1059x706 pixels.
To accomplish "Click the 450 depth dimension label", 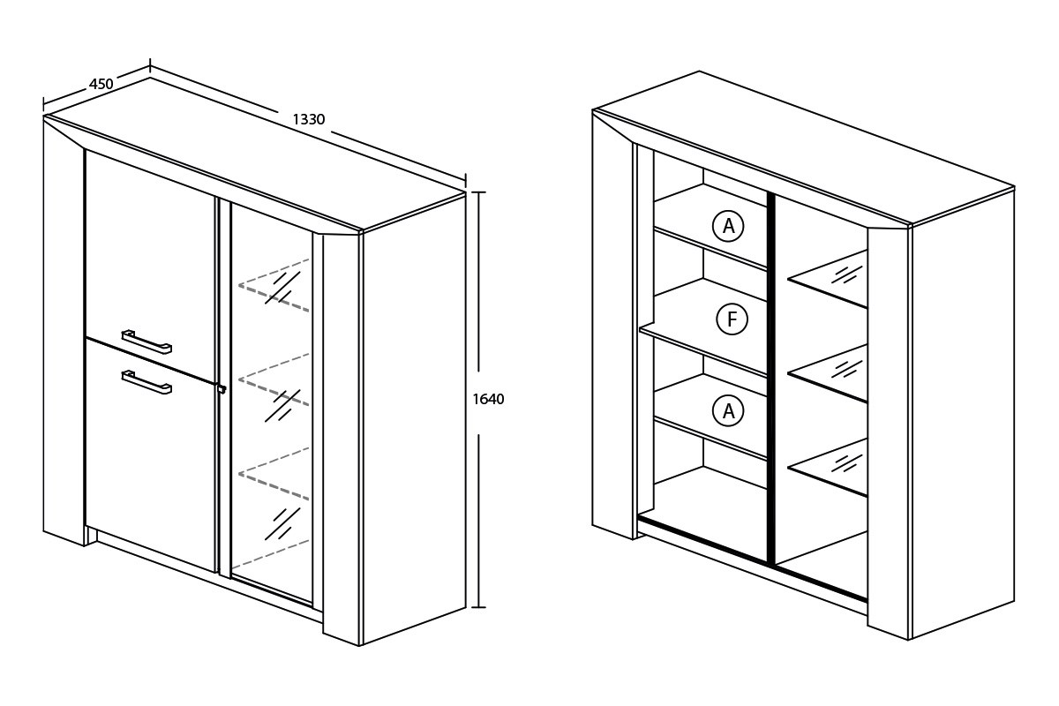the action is (101, 84).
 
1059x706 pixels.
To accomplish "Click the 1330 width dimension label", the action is (309, 120).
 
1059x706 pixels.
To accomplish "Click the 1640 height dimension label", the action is (488, 400).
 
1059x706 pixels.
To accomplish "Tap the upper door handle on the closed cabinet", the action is (146, 342).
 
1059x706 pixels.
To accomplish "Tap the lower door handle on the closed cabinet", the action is (146, 382).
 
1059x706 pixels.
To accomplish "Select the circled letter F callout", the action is (732, 319).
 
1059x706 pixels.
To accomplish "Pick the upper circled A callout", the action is (728, 226).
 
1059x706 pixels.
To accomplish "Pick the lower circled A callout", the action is (728, 410).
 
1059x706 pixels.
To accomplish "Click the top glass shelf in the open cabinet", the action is (829, 280).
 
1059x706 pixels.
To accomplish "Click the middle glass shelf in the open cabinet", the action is (829, 373).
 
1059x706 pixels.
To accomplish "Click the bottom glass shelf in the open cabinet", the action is (829, 468).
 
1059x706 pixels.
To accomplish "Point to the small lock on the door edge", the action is (221, 388).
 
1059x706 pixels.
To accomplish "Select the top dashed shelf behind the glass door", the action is (274, 285).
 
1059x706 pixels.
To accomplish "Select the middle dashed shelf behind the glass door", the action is (274, 379).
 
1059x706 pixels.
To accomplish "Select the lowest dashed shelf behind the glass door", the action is (274, 473).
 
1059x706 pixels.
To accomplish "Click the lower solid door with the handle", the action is (150, 454).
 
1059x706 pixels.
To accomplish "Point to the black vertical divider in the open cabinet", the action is (770, 379).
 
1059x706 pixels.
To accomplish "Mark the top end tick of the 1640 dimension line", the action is (479, 192).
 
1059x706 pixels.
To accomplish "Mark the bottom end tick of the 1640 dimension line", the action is (479, 606).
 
